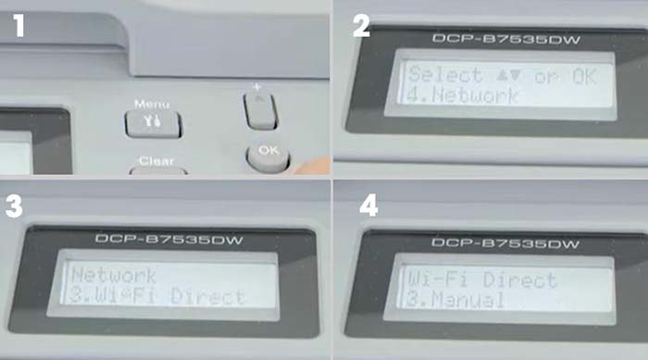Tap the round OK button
268,157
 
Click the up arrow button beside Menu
260,111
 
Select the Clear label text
156,161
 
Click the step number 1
18,26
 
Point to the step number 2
361,26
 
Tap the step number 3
14,206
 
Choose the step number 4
368,205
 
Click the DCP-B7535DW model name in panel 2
506,39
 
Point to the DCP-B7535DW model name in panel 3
169,240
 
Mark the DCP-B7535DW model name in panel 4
505,243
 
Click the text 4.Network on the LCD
462,95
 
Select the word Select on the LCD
445,75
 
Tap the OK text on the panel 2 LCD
585,77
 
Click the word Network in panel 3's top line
114,275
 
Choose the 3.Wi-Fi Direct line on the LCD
156,296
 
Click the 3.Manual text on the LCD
455,299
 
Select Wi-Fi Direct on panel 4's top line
482,279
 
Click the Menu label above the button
152,104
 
